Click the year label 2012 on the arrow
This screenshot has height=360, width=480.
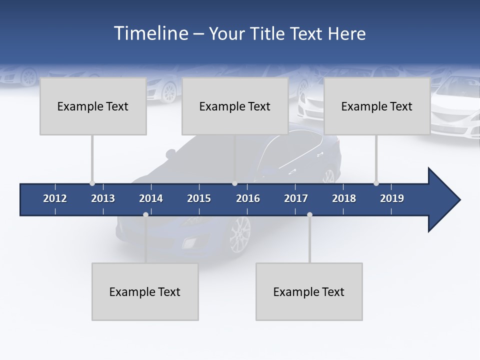pos(55,198)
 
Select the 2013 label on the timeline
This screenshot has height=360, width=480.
pos(103,198)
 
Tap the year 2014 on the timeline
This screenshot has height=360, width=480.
pos(151,198)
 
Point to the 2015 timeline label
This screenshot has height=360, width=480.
pos(199,198)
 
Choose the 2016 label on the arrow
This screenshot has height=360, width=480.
pos(248,198)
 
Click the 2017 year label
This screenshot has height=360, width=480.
pos(296,198)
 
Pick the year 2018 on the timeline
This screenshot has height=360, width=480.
pos(344,198)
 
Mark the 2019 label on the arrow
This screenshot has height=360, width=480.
pos(392,198)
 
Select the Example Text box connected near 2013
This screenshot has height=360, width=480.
pos(93,106)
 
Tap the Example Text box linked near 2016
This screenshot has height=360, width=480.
pos(235,106)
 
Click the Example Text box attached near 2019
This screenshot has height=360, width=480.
pos(377,106)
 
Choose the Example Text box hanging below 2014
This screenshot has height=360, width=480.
pos(145,291)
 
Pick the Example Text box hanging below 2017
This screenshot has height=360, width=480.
pos(309,291)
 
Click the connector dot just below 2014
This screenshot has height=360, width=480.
pos(145,214)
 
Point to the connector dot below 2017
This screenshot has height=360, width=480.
pos(309,214)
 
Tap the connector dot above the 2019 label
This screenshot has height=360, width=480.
pos(376,183)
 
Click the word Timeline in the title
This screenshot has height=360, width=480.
pos(150,33)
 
